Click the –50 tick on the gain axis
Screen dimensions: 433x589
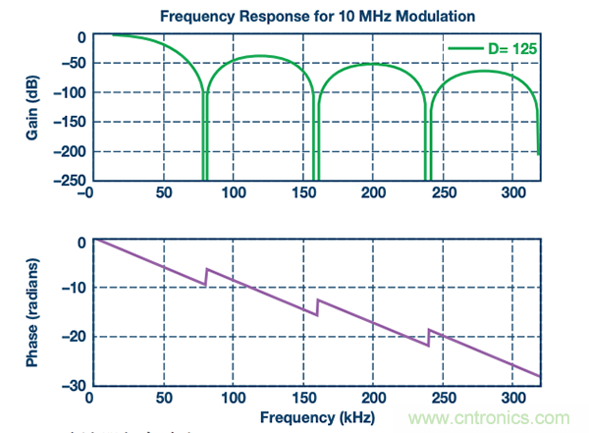coord(67,64)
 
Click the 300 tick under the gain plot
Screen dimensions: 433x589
coord(511,194)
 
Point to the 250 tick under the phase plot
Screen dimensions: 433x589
coord(443,399)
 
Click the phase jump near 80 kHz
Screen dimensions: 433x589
coord(205,276)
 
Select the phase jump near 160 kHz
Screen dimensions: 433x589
coord(317,307)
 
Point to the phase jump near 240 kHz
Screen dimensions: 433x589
coord(429,338)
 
